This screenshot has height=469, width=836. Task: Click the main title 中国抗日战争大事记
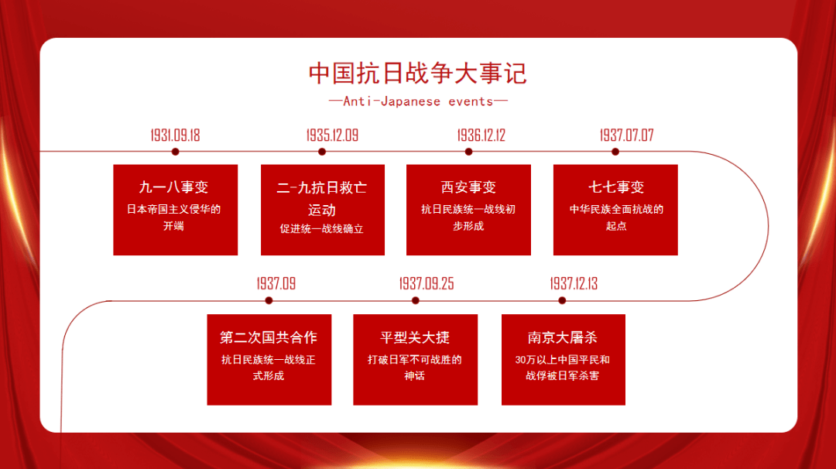point(418,74)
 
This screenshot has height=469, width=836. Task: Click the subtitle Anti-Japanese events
point(418,101)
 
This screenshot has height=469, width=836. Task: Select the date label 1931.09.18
point(175,135)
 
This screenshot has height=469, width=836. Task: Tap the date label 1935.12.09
point(332,135)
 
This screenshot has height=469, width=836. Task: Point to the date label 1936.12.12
point(481,135)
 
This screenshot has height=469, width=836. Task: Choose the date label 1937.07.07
point(626,135)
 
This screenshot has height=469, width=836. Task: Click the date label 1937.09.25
point(427,284)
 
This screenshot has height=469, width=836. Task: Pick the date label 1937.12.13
point(574,284)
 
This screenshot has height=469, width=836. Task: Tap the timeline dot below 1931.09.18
point(175,152)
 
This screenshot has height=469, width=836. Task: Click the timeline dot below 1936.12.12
point(469,152)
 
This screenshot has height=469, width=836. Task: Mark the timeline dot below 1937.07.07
point(615,152)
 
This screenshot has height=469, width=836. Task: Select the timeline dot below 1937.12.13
point(562,300)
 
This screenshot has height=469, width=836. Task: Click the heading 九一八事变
point(175,187)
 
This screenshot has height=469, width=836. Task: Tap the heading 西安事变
point(468,187)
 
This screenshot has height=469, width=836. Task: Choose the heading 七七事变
point(615,187)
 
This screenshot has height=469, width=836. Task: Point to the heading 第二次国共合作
point(269,337)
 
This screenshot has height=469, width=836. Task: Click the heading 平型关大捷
point(415,337)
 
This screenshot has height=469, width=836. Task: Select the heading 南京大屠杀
point(563,337)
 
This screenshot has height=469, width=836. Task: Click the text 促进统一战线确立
point(322,229)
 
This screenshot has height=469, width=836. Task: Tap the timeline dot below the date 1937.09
point(269,300)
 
